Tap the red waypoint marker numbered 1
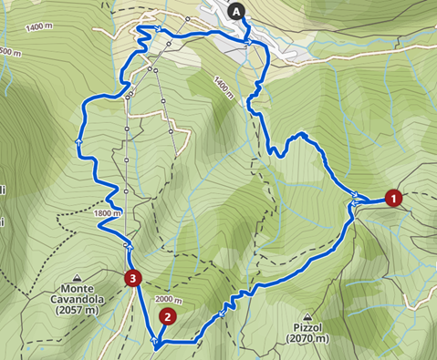tap(393, 197)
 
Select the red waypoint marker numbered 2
tap(167, 317)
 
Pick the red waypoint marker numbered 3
tap(133, 277)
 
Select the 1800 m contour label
tap(107, 214)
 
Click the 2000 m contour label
tap(170, 299)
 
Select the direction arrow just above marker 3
tap(130, 246)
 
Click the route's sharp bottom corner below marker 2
tap(156, 345)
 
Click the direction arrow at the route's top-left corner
tap(159, 31)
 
